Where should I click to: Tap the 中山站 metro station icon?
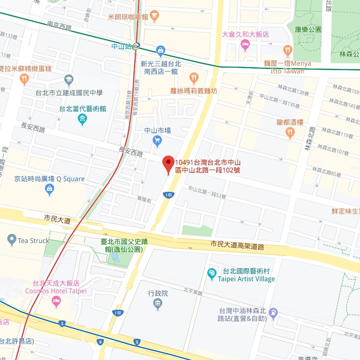[x=137, y=47]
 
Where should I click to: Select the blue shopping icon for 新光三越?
[x=160, y=50]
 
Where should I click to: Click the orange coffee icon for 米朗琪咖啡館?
[x=154, y=16]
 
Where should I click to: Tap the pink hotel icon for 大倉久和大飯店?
[x=245, y=45]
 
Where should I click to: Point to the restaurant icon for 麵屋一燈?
[x=288, y=50]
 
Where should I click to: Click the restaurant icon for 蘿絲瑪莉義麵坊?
[x=194, y=78]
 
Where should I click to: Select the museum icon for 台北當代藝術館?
[x=83, y=119]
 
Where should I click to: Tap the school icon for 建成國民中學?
[x=69, y=79]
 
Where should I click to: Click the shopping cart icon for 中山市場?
[x=157, y=141]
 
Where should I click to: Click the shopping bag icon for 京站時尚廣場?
[x=49, y=190]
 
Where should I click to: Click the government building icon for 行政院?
[x=158, y=304]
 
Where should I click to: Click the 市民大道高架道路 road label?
[x=237, y=246]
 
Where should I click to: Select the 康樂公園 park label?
[x=308, y=29]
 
